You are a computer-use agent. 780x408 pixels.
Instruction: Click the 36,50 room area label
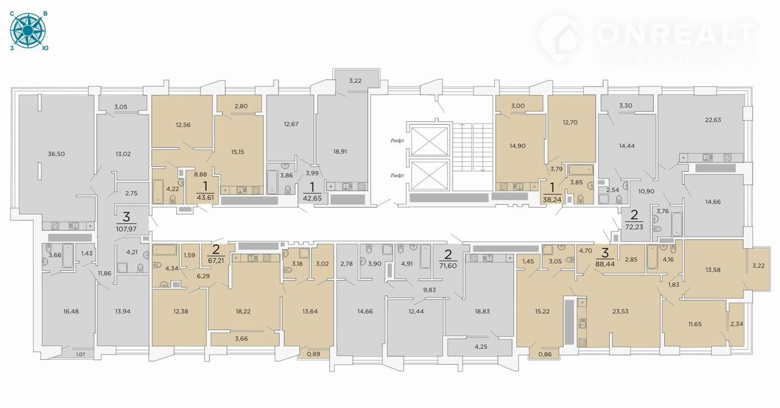(x=56, y=154)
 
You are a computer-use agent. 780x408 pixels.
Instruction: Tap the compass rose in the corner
(x=27, y=31)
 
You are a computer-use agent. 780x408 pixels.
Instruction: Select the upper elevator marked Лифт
(x=430, y=141)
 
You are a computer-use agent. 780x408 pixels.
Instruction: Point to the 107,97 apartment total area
(x=126, y=230)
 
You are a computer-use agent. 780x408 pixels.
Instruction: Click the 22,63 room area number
(x=713, y=120)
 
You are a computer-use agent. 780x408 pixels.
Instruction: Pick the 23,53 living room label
(x=620, y=312)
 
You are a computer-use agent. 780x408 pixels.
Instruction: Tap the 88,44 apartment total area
(x=605, y=264)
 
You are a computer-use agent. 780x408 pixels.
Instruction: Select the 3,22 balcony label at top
(x=355, y=81)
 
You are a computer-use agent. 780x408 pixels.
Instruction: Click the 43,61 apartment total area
(x=205, y=197)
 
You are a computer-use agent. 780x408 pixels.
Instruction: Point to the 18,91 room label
(x=340, y=152)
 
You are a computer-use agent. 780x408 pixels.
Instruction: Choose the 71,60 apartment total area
(x=448, y=266)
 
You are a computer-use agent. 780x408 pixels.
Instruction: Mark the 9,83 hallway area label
(x=430, y=290)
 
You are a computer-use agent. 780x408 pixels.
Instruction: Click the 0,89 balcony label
(x=313, y=354)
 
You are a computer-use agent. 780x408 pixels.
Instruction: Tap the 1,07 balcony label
(x=80, y=355)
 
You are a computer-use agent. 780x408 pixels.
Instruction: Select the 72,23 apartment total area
(x=634, y=227)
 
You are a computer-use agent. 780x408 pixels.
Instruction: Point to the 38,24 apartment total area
(x=552, y=200)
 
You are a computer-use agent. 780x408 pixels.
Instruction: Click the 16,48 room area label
(x=71, y=312)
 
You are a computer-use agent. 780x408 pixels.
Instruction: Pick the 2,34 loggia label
(x=737, y=324)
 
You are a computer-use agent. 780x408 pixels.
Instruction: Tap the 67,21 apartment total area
(x=216, y=261)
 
